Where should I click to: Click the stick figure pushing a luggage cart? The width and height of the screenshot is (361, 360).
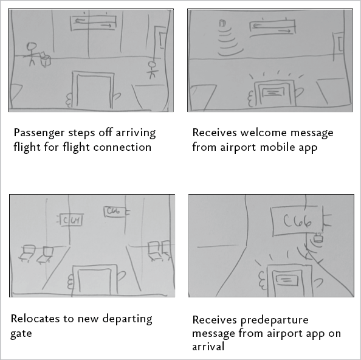coord(33,54)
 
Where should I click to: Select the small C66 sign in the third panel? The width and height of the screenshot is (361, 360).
coord(115,212)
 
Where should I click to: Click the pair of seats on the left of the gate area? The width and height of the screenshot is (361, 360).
coord(35,252)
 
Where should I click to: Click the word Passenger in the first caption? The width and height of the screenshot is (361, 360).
coord(39,133)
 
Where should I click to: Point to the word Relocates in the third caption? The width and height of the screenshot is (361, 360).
coord(35,319)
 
